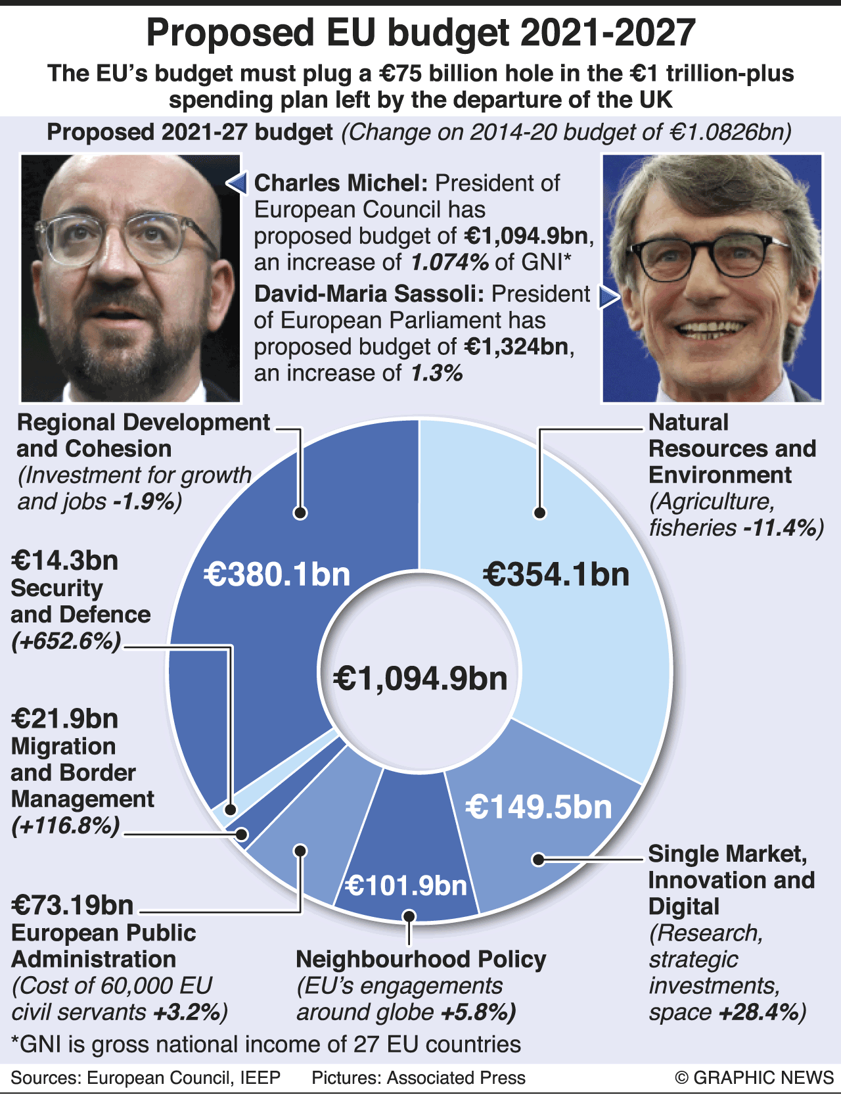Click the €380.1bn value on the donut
(x=277, y=574)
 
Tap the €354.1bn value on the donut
(x=556, y=574)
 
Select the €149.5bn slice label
(x=539, y=807)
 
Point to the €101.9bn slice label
(x=406, y=886)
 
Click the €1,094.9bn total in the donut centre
(x=420, y=678)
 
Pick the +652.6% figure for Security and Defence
(x=66, y=641)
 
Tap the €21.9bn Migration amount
(x=64, y=719)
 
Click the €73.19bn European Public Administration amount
(x=72, y=906)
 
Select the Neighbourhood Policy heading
(x=420, y=960)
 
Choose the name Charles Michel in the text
(x=342, y=183)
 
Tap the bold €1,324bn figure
(x=516, y=346)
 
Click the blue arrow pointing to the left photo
(x=237, y=183)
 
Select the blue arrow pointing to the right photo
(x=608, y=297)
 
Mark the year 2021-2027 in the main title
(x=608, y=33)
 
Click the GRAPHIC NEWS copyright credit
(x=754, y=1078)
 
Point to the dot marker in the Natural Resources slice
(x=540, y=513)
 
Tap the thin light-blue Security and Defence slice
(x=222, y=815)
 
